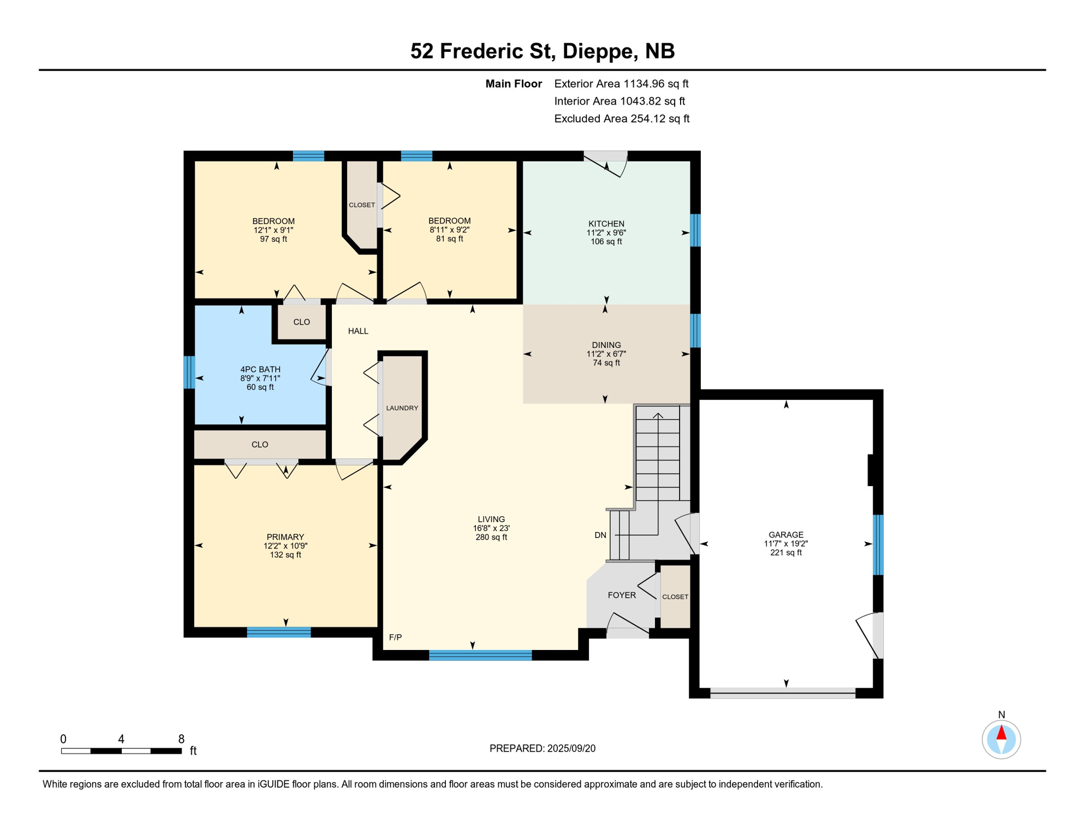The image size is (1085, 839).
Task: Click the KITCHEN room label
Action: point(606,223)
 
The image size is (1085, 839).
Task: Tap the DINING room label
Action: point(606,345)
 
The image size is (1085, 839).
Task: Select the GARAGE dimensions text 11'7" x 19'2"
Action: point(785,543)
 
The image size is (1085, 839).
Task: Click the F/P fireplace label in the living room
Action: point(395,637)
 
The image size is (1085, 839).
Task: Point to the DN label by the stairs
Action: point(600,535)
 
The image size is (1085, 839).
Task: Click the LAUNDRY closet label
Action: point(402,408)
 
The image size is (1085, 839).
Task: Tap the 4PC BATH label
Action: point(260,369)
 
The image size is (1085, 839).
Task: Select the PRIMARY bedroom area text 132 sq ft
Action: point(285,554)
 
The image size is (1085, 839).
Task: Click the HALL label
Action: point(358,331)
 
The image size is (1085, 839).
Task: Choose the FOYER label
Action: point(622,595)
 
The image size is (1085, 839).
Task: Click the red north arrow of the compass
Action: point(1001,732)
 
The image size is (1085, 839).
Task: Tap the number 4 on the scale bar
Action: point(121,739)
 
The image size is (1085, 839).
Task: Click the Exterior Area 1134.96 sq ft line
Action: point(621,84)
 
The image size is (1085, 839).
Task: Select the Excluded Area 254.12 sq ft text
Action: point(622,119)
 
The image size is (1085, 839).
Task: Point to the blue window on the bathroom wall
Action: point(189,372)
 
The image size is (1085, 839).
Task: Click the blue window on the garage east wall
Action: point(878,545)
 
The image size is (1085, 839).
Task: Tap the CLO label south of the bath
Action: point(259,444)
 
